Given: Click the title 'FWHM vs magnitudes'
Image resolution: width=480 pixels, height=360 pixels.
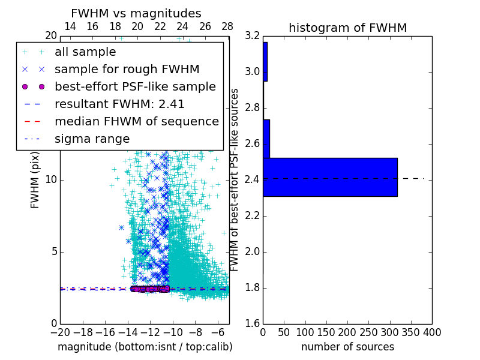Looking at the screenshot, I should pyautogui.click(x=136, y=13).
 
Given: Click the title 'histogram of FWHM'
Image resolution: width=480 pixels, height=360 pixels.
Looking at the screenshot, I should pyautogui.click(x=347, y=28).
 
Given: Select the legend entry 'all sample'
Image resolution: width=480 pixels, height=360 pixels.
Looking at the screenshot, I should pyautogui.click(x=85, y=52).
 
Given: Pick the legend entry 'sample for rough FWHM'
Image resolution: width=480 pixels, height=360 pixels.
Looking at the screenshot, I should pyautogui.click(x=127, y=70).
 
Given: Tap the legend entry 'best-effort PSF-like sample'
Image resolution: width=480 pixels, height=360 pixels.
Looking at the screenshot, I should pyautogui.click(x=135, y=86).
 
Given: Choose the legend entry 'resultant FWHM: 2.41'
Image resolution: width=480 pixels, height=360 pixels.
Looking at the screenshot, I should pyautogui.click(x=119, y=104).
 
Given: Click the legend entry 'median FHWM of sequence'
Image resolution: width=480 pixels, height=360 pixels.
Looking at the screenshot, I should pyautogui.click(x=136, y=121).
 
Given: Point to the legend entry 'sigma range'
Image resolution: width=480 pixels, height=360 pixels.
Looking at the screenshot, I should pyautogui.click(x=92, y=139).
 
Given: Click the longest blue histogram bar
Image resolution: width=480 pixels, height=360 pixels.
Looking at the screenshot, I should pyautogui.click(x=330, y=177).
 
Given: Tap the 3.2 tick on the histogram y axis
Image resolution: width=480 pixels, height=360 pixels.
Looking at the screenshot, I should pyautogui.click(x=252, y=36).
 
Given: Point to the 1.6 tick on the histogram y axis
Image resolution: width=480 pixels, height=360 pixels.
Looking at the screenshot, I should pyautogui.click(x=252, y=324).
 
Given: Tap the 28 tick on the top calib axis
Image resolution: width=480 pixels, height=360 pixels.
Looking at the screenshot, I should pyautogui.click(x=227, y=26).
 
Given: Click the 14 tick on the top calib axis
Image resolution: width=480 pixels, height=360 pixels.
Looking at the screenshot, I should pyautogui.click(x=70, y=26).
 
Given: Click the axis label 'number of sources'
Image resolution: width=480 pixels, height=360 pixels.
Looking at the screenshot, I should pyautogui.click(x=347, y=347).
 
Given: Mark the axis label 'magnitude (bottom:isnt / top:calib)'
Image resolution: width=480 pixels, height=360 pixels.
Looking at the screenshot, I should pyautogui.click(x=145, y=347).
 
